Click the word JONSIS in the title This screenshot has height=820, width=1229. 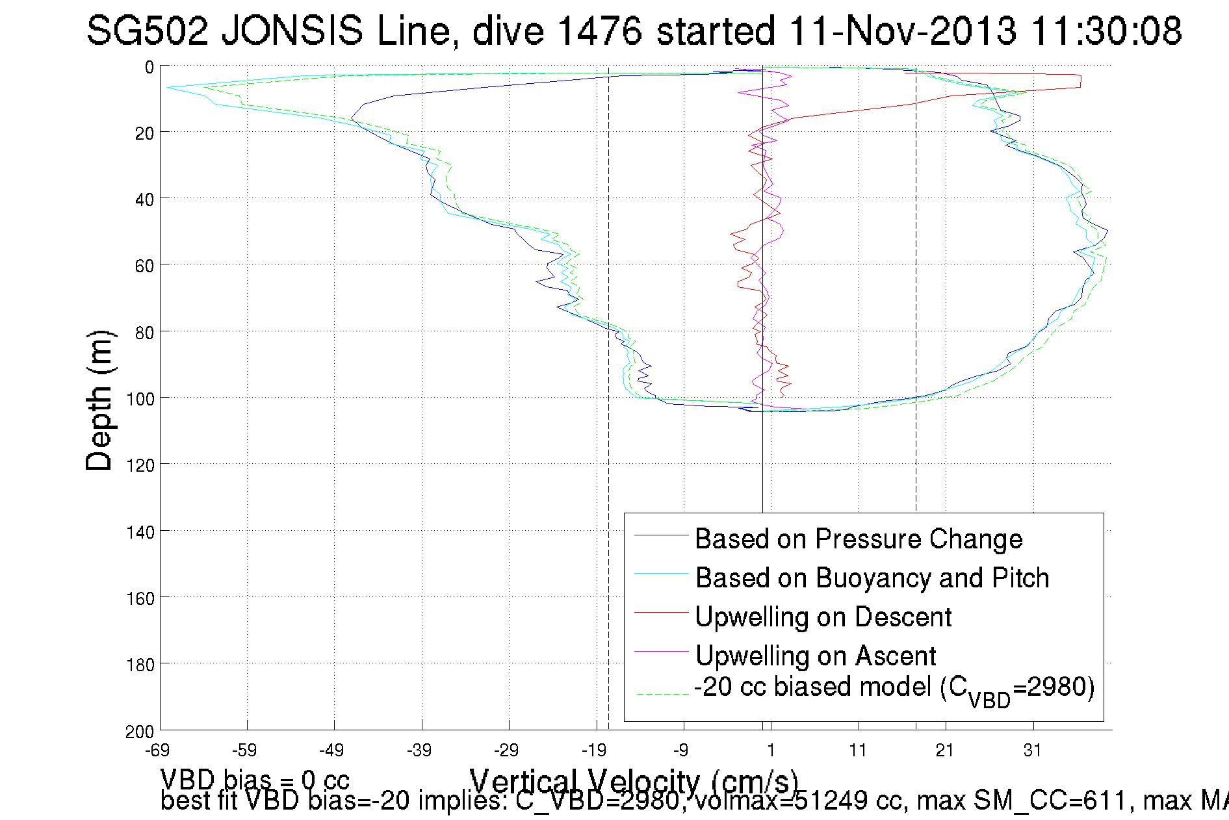[x=292, y=31]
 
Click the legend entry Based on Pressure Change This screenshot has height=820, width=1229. [x=859, y=539]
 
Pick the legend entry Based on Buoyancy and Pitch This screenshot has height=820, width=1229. [x=872, y=578]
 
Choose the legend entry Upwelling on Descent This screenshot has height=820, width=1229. [x=823, y=617]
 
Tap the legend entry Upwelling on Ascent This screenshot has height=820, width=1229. [x=815, y=656]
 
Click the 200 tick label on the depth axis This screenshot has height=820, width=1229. [x=140, y=732]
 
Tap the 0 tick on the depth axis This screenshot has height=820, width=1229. [x=149, y=67]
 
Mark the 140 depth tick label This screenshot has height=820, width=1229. [x=140, y=533]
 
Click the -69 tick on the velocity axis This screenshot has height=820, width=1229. [x=158, y=750]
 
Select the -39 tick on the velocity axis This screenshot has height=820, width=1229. [x=420, y=750]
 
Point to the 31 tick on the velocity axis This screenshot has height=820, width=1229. [x=1033, y=750]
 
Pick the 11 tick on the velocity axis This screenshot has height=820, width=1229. [x=858, y=750]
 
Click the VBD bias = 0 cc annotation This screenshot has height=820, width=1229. [x=255, y=779]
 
